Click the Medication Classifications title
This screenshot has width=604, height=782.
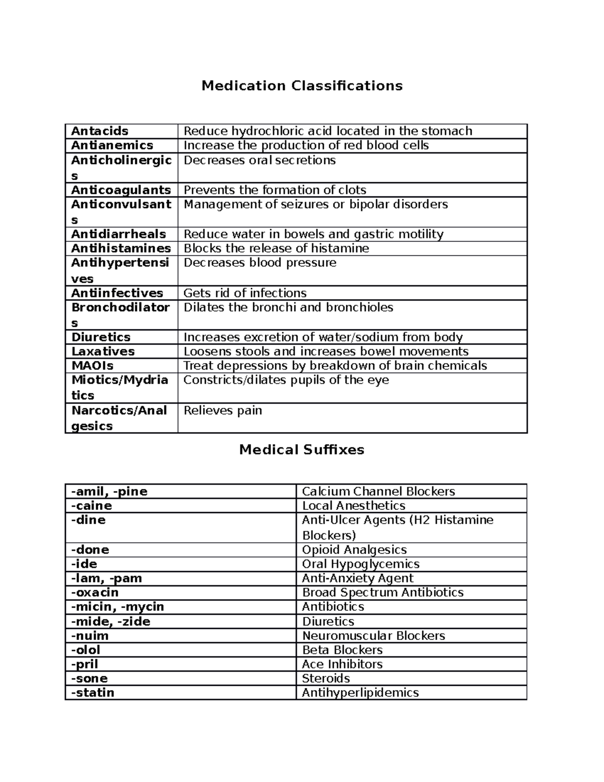302,86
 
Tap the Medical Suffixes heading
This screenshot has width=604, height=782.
301,450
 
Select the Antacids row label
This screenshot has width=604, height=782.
100,131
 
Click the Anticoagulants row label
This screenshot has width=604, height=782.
121,190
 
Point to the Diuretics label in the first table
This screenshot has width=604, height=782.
101,337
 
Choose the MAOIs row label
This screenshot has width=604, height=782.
93,366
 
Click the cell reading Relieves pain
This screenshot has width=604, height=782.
222,411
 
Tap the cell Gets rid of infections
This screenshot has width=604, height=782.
245,293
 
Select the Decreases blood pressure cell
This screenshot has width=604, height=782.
260,263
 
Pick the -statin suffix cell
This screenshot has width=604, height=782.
93,693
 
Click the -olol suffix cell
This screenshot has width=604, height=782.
86,650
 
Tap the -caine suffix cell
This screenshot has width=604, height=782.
92,506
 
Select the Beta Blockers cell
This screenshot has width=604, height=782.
342,650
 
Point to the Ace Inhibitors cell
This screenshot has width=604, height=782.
342,664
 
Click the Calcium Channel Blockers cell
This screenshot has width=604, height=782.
378,491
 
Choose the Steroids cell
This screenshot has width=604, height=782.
326,678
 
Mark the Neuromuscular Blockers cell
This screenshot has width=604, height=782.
373,636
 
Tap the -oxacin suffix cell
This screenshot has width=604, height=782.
95,593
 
